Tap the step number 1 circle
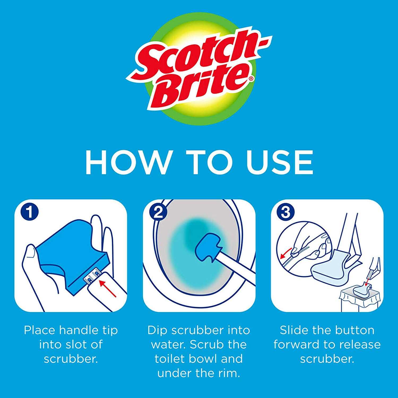pyautogui.click(x=30, y=213)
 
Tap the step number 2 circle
pyautogui.click(x=158, y=213)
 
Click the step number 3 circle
pyautogui.click(x=285, y=213)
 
